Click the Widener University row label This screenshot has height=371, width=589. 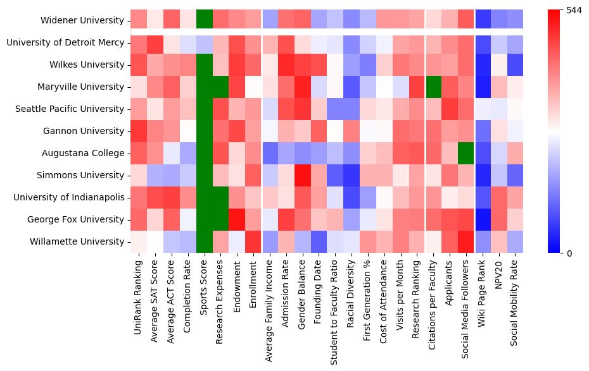83,20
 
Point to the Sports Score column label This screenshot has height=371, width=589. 204,284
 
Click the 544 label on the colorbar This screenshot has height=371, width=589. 574,11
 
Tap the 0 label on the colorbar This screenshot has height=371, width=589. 569,253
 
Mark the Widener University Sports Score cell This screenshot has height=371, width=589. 204,20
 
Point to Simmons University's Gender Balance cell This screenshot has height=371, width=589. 302,175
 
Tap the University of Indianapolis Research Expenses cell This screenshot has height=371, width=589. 220,197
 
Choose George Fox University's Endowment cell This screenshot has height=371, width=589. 237,219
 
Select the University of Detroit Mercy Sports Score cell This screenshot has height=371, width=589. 204,42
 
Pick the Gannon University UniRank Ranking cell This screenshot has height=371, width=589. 138,131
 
